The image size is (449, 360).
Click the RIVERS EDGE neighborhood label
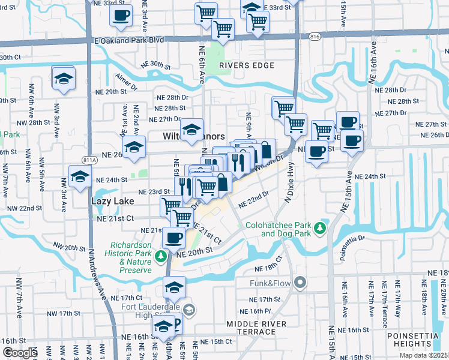(241, 65)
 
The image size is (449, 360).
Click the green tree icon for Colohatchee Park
(321, 227)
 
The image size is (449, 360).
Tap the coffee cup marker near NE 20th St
(174, 237)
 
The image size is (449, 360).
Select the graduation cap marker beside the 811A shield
(79, 177)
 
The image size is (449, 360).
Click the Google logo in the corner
(20, 353)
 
